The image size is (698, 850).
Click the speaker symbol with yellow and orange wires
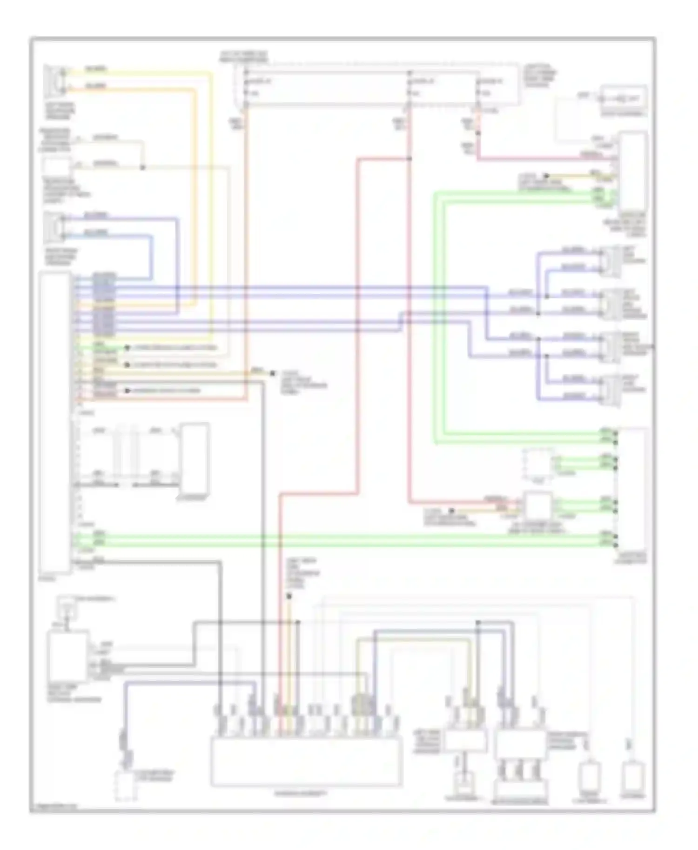55,80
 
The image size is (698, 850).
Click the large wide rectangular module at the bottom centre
306,762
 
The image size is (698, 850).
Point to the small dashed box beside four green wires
538,464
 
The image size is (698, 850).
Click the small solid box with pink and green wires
538,506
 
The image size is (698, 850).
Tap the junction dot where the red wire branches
409,159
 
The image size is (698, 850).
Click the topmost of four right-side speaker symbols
610,261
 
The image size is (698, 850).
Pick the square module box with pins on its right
68,657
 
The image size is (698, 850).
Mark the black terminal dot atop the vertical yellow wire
289,596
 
